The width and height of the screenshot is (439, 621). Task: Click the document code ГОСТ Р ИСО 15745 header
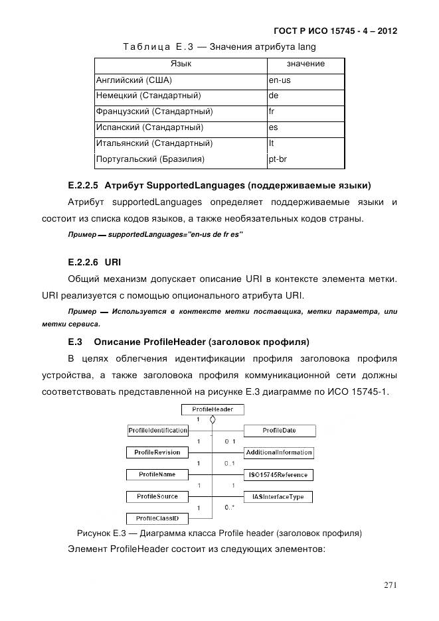click(335, 31)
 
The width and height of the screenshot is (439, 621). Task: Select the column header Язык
click(181, 64)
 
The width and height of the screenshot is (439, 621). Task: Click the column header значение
click(306, 64)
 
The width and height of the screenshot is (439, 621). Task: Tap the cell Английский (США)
click(134, 80)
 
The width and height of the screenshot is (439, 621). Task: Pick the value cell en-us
click(279, 80)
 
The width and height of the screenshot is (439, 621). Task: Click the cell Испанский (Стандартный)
click(149, 127)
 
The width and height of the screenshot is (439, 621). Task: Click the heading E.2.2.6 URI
click(90, 262)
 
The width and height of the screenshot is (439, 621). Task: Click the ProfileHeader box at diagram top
click(213, 409)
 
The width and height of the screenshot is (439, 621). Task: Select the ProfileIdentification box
click(157, 431)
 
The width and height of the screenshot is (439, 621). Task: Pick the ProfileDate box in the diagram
click(279, 431)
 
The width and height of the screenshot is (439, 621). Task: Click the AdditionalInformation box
click(279, 452)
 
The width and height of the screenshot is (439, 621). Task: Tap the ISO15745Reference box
click(279, 474)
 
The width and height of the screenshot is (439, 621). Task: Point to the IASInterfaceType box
click(279, 496)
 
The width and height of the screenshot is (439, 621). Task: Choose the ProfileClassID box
click(157, 517)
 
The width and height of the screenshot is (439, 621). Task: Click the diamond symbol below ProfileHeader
click(213, 420)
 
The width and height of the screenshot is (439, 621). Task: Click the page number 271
click(390, 585)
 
